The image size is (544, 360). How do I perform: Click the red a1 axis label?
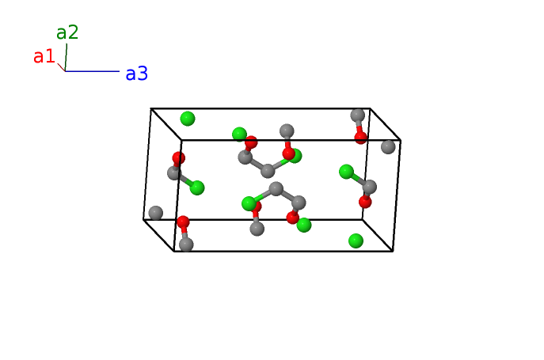[x=44, y=56]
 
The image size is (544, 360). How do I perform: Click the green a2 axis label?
[x=67, y=32]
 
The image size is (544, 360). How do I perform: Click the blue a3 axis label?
[x=136, y=74]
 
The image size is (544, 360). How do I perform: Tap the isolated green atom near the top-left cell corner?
[x=187, y=119]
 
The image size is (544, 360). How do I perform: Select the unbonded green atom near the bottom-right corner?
[x=356, y=240]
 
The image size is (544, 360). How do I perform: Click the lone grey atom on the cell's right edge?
[x=388, y=146]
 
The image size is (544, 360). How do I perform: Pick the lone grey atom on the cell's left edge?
[x=156, y=213]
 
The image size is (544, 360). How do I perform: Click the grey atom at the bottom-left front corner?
[x=186, y=244]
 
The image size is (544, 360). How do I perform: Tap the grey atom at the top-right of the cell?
[x=358, y=116]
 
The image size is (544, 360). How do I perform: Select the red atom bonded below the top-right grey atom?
[x=361, y=137]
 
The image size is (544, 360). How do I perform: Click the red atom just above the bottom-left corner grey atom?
[x=183, y=222]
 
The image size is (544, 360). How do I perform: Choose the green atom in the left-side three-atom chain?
[x=197, y=188]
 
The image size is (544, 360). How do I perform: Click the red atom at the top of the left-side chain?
[x=179, y=158]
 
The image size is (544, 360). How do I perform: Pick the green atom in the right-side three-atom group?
[x=346, y=171]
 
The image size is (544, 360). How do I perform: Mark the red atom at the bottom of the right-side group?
[x=365, y=202]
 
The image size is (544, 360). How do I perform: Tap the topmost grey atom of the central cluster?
[x=287, y=131]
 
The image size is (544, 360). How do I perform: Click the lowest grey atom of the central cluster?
[x=257, y=229]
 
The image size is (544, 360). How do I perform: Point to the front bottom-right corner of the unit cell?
[x=393, y=251]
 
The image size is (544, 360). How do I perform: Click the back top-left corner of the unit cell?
[x=151, y=110]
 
